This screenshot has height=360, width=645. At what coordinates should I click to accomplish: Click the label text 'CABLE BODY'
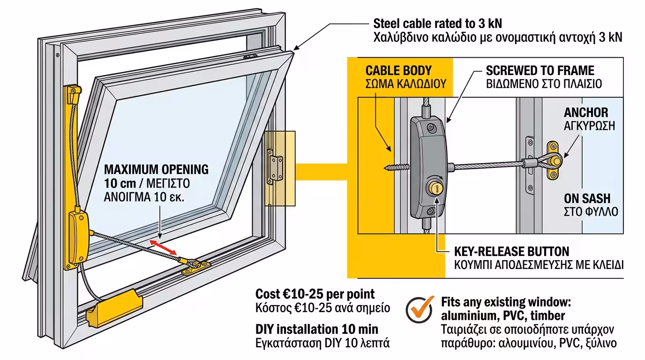tap(398, 71)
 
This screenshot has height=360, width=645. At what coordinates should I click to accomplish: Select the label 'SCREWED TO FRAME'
tap(540, 71)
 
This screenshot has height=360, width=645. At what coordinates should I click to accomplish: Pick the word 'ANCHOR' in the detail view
tap(586, 112)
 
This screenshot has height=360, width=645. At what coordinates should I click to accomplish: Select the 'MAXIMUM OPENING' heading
tap(156, 169)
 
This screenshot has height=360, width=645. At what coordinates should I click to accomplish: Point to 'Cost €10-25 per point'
tap(315, 294)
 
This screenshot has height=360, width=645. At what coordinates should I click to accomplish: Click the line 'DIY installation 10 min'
tap(317, 329)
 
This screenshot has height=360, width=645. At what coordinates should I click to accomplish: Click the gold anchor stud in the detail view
tap(554, 161)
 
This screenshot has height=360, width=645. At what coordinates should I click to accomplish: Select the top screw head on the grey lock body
tap(431, 127)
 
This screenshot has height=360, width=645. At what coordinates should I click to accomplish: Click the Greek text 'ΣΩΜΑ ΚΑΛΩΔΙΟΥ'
tap(405, 85)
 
